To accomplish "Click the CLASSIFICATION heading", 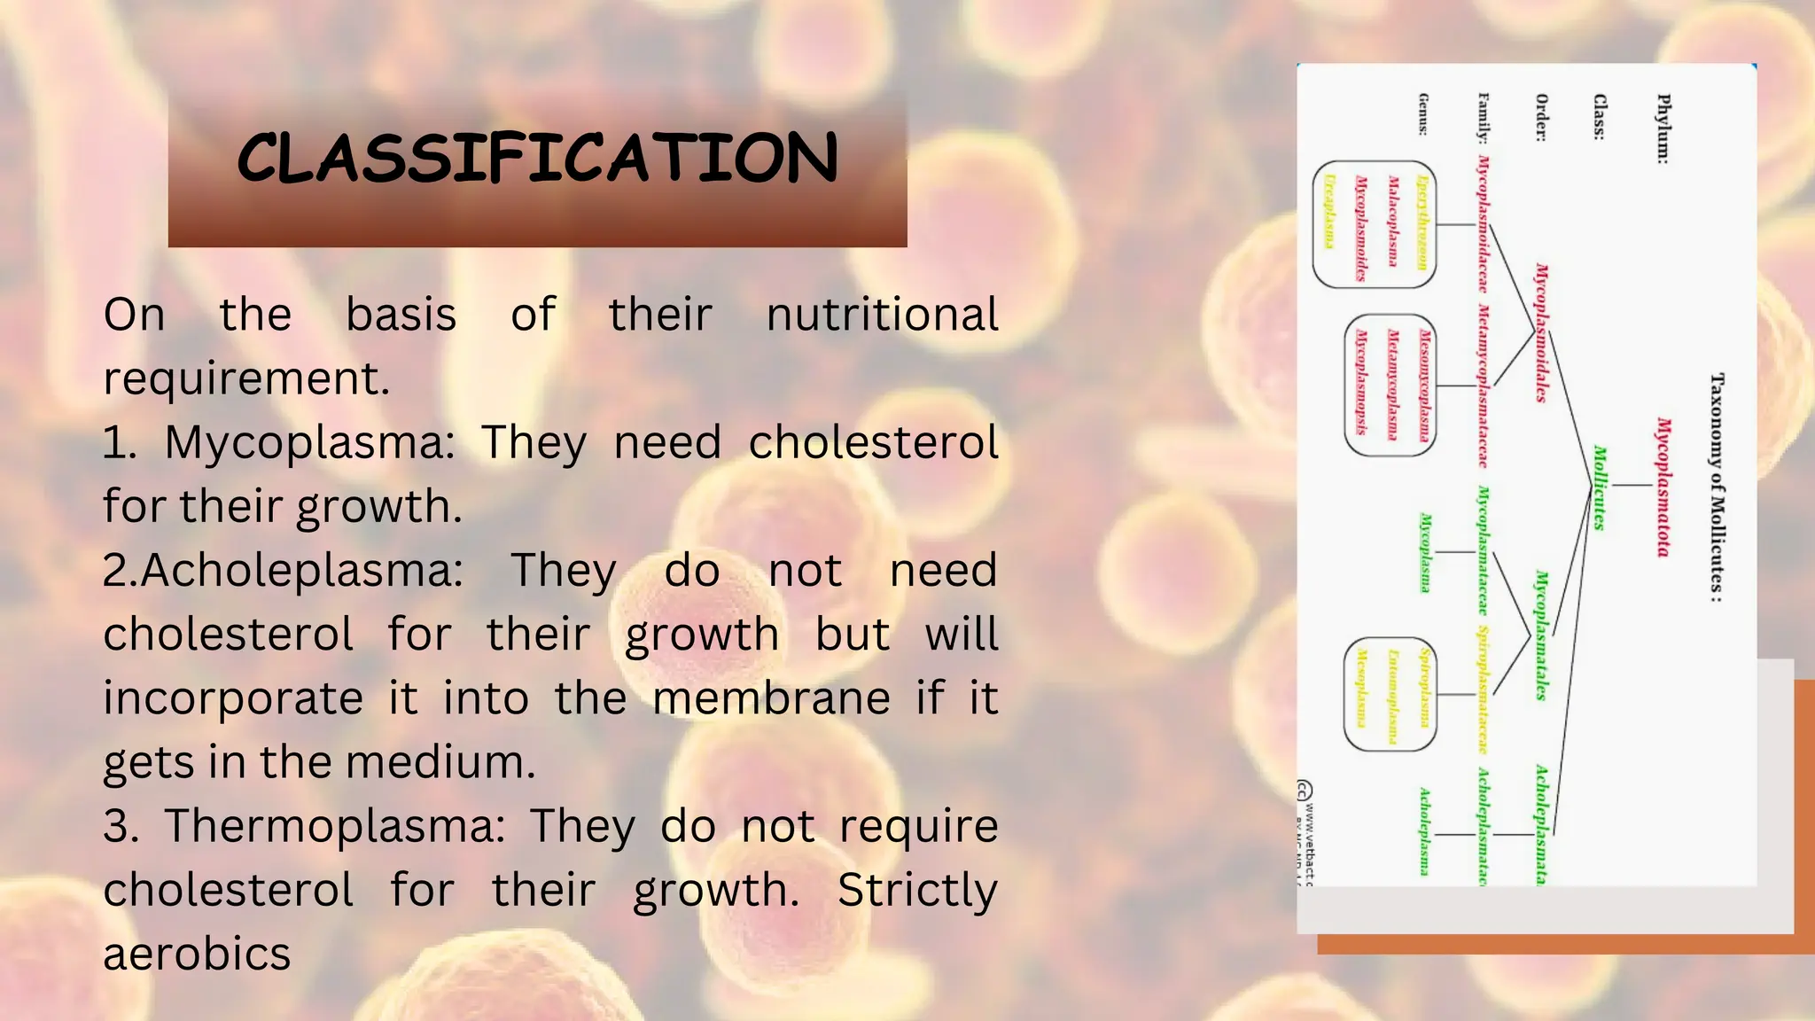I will click(x=537, y=159).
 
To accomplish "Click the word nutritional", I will click(x=882, y=315).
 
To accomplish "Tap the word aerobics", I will click(x=197, y=954).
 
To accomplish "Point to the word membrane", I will click(x=771, y=698).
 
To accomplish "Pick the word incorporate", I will click(x=233, y=698).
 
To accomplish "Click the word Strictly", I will click(x=917, y=890).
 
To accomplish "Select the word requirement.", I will click(x=245, y=378).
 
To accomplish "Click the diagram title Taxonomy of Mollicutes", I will click(x=1717, y=487).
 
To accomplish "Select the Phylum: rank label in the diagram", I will click(x=1663, y=129).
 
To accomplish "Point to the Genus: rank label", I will click(x=1423, y=114).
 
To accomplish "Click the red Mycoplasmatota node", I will click(x=1663, y=487).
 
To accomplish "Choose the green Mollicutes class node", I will click(x=1600, y=487).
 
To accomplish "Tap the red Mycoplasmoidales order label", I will click(x=1542, y=332).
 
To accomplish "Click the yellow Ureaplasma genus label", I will click(x=1329, y=212).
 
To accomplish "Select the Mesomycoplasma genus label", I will click(x=1424, y=385).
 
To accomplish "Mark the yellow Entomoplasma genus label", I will click(x=1392, y=696).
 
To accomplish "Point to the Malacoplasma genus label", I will click(x=1392, y=221).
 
